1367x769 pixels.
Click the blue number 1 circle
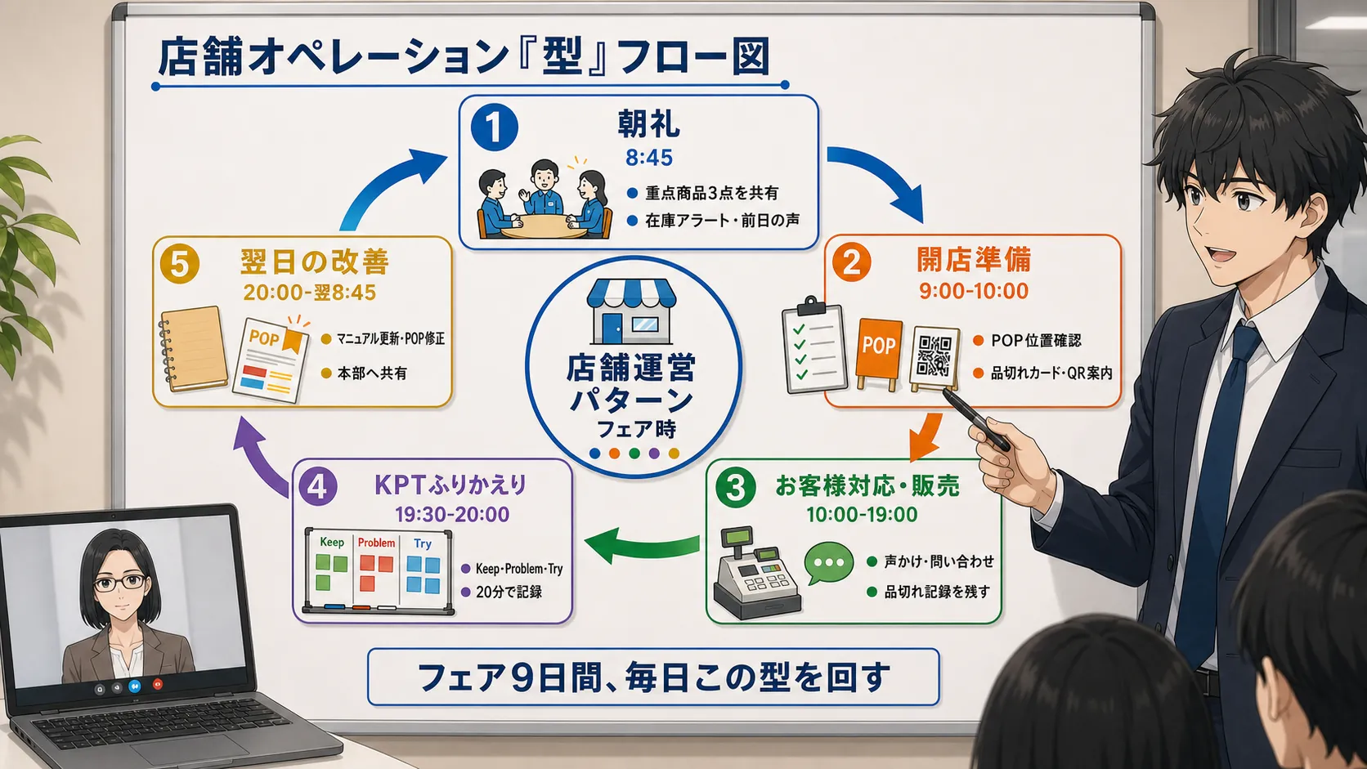(495, 127)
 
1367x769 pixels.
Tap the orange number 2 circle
(851, 262)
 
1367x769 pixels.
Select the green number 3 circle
(735, 487)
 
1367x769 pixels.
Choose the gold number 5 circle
(179, 265)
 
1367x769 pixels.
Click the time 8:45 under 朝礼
(648, 158)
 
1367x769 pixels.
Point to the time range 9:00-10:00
(974, 291)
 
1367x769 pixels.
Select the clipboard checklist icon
(814, 346)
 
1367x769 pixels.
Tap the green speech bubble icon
(829, 562)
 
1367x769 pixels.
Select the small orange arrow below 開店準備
(926, 436)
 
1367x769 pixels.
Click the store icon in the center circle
(632, 311)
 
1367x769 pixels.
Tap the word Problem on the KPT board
(376, 543)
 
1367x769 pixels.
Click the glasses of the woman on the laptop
(120, 583)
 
